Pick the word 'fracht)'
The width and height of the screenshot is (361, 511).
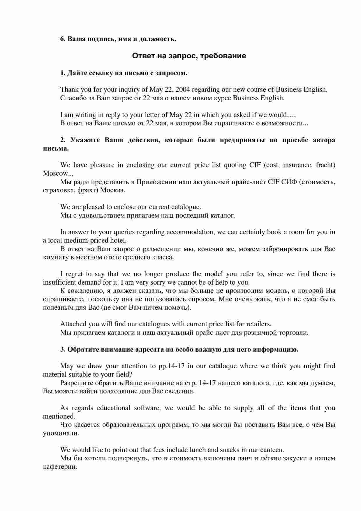325,165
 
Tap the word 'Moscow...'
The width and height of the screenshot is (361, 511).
58,174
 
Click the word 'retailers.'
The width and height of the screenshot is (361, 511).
259,324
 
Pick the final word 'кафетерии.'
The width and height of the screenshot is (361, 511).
60,467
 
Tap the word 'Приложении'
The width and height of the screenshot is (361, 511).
156,182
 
